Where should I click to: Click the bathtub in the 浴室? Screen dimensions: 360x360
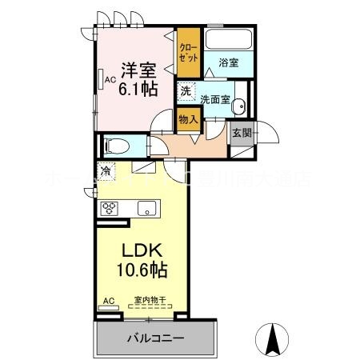229,40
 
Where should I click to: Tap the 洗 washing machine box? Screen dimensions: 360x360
185,92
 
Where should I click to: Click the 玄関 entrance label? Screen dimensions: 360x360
242,134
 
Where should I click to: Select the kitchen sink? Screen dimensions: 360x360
148,209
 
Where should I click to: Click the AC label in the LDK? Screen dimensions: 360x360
108,301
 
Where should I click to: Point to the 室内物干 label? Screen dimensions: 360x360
150,301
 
